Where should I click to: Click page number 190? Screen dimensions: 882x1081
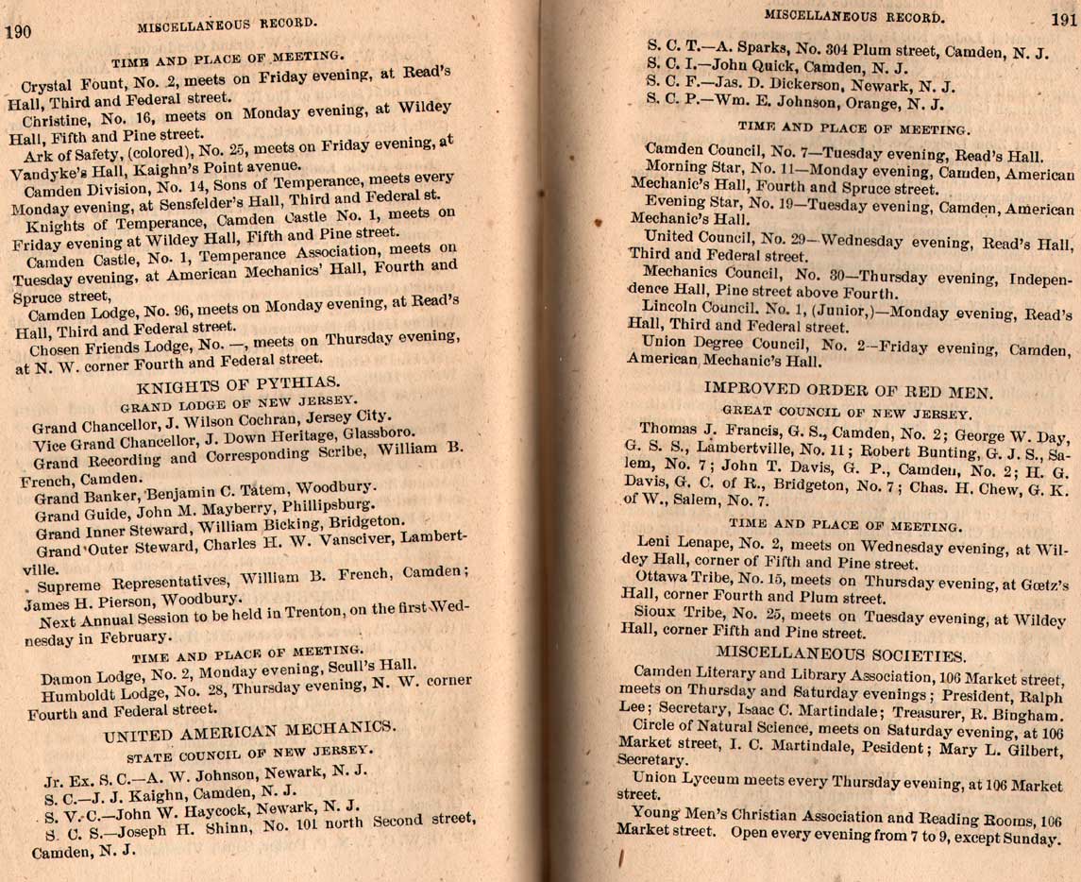point(19,32)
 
